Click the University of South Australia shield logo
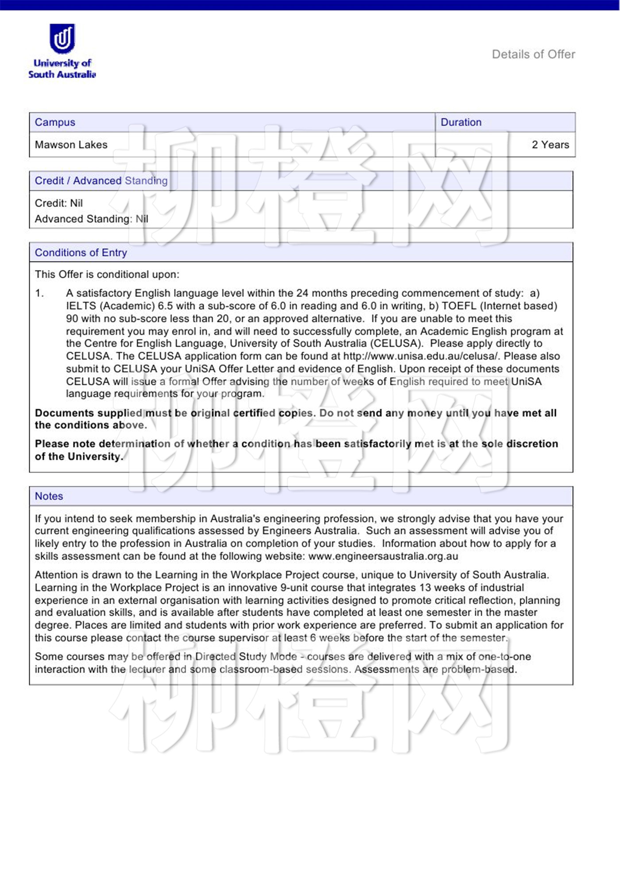click(x=62, y=39)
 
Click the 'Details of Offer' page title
click(x=533, y=54)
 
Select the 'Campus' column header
click(x=55, y=122)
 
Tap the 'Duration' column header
click(x=461, y=122)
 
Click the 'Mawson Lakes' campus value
click(x=71, y=145)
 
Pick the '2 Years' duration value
click(x=550, y=145)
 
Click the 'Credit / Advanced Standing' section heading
click(x=101, y=181)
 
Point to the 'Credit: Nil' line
click(x=58, y=203)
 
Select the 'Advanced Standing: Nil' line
click(x=91, y=219)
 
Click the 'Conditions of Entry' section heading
click(x=81, y=252)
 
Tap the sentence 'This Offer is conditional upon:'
click(x=107, y=275)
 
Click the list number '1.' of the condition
click(x=39, y=293)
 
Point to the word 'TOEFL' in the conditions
click(x=459, y=306)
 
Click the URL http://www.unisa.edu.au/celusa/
click(x=421, y=356)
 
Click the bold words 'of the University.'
click(x=79, y=457)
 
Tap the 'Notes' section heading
click(x=49, y=496)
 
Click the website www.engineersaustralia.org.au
click(x=383, y=556)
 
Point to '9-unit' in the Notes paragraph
click(x=296, y=588)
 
